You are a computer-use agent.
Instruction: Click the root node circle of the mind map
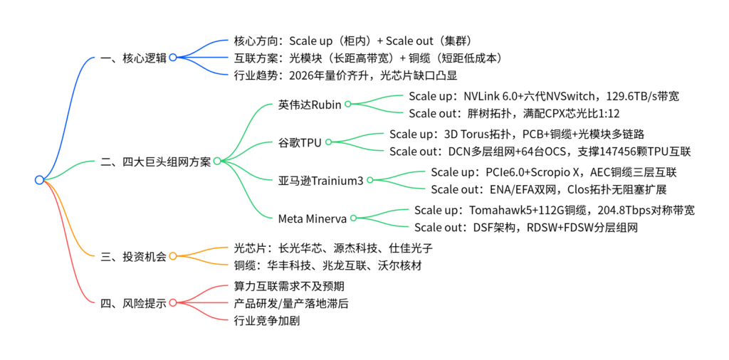39,180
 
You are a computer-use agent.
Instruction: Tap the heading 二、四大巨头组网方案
156,162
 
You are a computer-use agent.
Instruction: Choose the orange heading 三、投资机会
134,256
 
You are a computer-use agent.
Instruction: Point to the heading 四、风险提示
134,303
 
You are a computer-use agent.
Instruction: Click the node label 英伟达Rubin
310,104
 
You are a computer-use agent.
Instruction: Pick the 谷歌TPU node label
300,142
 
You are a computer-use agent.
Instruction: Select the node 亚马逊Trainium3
320,180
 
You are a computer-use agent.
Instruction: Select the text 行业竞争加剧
267,320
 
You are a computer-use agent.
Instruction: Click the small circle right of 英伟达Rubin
348,104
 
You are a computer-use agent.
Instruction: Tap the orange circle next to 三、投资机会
172,256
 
